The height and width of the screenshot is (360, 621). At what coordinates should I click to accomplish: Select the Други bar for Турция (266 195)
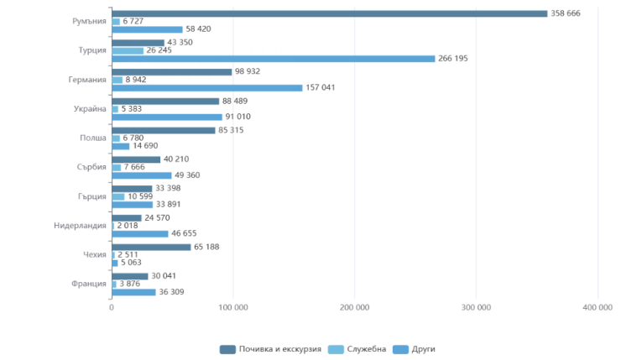click(x=274, y=59)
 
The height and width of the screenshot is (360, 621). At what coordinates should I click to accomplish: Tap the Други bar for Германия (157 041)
click(x=206, y=87)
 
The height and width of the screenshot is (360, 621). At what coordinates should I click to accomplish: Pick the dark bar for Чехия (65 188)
click(x=151, y=247)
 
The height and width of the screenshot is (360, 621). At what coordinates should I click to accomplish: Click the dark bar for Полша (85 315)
click(x=164, y=130)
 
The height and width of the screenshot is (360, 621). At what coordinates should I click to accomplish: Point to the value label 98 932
click(x=248, y=72)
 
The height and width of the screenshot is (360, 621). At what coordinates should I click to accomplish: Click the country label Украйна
click(x=90, y=109)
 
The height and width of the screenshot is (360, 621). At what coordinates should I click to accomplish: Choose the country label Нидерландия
click(x=78, y=225)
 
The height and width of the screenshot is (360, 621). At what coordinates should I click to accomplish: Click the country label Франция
click(x=89, y=284)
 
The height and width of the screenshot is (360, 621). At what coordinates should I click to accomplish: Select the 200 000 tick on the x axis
click(x=355, y=308)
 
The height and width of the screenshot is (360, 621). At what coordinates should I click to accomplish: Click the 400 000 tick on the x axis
click(x=598, y=308)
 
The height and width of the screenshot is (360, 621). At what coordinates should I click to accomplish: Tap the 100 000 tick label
click(x=233, y=308)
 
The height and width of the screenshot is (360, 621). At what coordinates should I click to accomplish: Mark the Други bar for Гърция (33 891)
click(x=133, y=204)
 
